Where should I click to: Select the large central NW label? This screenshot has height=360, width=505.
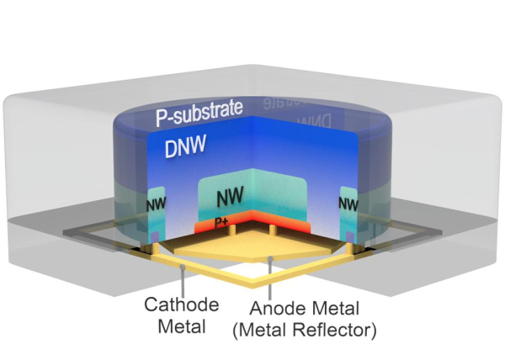click(x=230, y=197)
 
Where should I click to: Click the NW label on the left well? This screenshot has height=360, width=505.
click(x=156, y=204)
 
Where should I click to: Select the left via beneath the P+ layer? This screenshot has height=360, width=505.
click(x=205, y=236)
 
